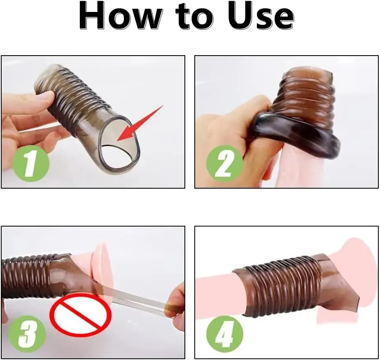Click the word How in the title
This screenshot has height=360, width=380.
pos(121,16)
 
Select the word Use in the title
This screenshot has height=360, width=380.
pos(261,16)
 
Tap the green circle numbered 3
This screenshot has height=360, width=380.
pos(27,334)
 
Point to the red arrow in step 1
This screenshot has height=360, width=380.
pos(140,123)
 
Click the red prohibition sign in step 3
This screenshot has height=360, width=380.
pos(80,315)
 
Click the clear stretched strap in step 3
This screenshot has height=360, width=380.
pos(136,295)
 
